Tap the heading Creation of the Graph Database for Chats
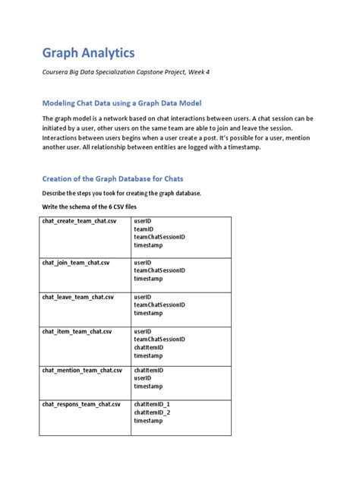[x=112, y=178]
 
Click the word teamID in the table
[x=144, y=229]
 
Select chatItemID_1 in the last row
[x=152, y=404]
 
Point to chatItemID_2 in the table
[x=152, y=412]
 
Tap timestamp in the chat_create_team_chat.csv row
[x=148, y=245]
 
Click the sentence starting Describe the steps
[x=121, y=193]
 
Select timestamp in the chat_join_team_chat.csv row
[x=148, y=279]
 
